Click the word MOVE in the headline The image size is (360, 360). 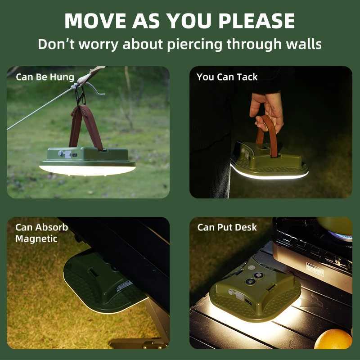point(95,21)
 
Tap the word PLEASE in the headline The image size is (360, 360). point(256,21)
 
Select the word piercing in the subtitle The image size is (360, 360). point(195,44)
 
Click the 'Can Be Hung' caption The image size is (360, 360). point(45,77)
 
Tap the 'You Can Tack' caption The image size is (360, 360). point(227,77)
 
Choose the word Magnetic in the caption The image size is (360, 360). point(36,239)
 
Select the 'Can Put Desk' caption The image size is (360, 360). point(227,227)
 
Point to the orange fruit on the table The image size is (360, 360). point(333,339)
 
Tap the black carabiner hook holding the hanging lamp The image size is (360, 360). point(81,96)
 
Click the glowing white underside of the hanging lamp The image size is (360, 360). point(87,171)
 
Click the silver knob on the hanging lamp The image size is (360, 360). point(61,153)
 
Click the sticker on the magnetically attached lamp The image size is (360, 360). point(124,286)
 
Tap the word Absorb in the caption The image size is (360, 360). point(55,227)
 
